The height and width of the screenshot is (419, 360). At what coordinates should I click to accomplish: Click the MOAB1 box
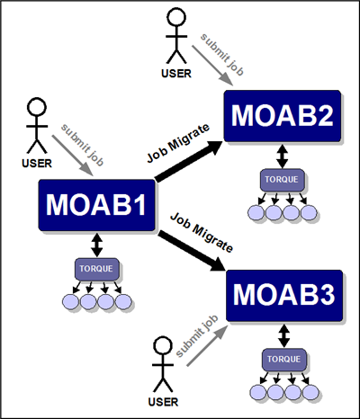(96, 205)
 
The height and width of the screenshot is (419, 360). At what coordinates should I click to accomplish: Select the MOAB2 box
(283, 116)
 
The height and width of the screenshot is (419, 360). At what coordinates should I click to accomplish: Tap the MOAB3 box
(284, 295)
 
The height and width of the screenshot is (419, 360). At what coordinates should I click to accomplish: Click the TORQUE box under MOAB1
(97, 269)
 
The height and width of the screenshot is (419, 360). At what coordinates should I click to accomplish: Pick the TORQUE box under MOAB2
(283, 180)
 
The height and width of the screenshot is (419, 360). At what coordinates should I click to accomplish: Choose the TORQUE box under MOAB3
(284, 360)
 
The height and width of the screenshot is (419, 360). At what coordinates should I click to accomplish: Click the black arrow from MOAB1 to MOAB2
(189, 161)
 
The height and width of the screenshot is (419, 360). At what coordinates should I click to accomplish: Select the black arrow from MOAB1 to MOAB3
(192, 251)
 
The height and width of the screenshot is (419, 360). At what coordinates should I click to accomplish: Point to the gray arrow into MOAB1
(73, 156)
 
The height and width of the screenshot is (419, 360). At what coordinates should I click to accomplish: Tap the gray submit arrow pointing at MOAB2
(212, 66)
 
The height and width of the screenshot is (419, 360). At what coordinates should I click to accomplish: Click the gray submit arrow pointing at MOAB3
(206, 346)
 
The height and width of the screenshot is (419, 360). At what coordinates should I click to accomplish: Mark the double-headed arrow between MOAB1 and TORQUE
(96, 245)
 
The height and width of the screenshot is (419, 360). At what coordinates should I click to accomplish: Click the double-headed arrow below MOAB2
(283, 156)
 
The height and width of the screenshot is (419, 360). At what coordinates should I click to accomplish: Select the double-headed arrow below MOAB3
(284, 335)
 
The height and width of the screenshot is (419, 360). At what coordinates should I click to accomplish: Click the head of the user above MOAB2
(176, 17)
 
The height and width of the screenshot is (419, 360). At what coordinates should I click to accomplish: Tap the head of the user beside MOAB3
(163, 346)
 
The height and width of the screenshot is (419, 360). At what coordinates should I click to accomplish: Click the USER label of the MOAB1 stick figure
(37, 164)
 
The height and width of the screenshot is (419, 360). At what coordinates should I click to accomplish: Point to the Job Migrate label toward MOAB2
(178, 143)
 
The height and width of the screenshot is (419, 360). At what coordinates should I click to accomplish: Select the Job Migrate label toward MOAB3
(202, 233)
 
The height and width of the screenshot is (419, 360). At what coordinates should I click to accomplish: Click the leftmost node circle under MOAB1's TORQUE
(71, 301)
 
